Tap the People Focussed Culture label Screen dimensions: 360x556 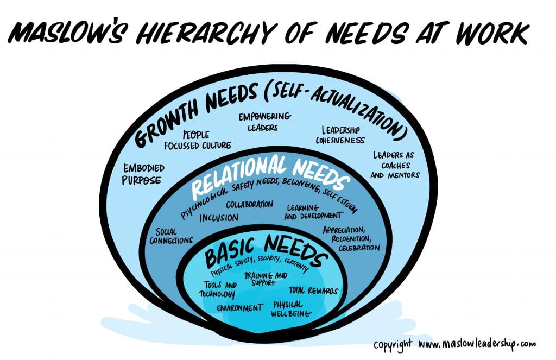pos(198,139)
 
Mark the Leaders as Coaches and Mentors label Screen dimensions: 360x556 pos(396,165)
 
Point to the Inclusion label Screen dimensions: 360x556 pos(219,218)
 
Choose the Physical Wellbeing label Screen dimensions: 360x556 pos(292,309)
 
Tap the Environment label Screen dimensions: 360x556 pos(239,308)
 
